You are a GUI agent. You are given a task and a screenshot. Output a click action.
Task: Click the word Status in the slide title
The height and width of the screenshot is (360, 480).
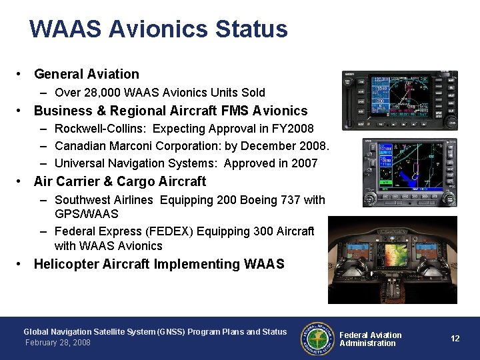[251, 29]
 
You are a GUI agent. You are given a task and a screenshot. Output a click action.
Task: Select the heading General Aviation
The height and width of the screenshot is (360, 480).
[87, 74]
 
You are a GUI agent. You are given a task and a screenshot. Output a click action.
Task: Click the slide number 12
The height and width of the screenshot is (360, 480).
[455, 339]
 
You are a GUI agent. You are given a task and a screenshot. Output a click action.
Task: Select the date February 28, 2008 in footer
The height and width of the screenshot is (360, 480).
[57, 343]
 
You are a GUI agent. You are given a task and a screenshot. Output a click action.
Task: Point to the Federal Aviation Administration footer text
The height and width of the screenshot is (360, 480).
[371, 339]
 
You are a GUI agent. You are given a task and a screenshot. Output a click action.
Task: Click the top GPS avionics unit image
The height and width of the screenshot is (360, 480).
[399, 101]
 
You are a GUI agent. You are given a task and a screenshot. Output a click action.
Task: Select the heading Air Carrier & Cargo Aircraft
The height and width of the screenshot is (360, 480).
[120, 181]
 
